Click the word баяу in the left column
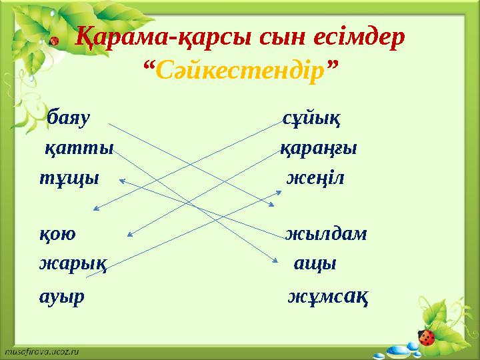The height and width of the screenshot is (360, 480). [x=69, y=120]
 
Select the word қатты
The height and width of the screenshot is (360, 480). [x=79, y=149]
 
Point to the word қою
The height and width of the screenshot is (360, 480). [x=58, y=235]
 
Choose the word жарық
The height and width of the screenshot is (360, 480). [x=73, y=264]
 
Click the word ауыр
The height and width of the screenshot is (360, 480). [x=62, y=295]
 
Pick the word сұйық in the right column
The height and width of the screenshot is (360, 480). [x=311, y=120]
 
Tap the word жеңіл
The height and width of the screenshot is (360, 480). [x=315, y=179]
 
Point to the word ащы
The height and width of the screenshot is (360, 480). [x=315, y=263]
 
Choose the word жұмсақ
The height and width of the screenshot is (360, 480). [x=329, y=295]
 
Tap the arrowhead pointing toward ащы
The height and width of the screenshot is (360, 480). [x=275, y=261]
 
